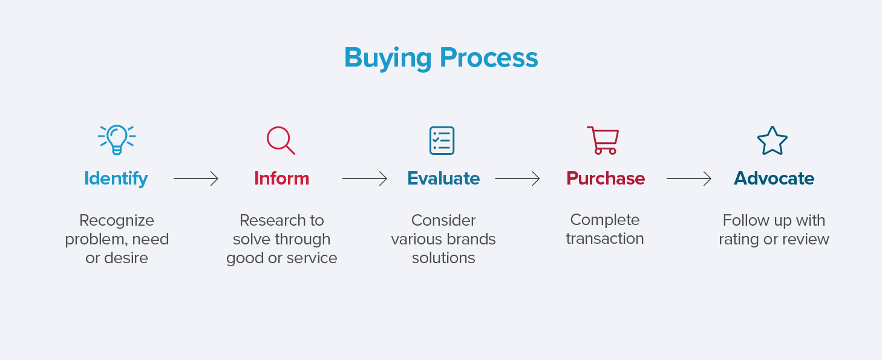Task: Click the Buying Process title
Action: (440, 58)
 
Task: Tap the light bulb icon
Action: (116, 140)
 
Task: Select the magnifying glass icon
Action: (281, 140)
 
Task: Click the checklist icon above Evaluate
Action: (442, 140)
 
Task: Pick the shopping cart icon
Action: (603, 140)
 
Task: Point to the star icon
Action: (773, 141)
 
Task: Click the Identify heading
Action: (116, 178)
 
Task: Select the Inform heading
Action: (281, 178)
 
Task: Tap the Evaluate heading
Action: (443, 178)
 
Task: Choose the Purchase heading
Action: (606, 178)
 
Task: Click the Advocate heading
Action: (774, 178)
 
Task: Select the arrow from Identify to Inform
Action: (196, 178)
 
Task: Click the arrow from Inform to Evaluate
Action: (365, 178)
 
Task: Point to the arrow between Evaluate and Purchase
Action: (517, 178)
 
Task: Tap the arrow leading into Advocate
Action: (689, 178)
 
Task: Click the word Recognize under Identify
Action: (117, 220)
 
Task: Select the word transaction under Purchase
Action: (605, 239)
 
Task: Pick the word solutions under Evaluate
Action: (443, 258)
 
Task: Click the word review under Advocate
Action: (806, 239)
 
